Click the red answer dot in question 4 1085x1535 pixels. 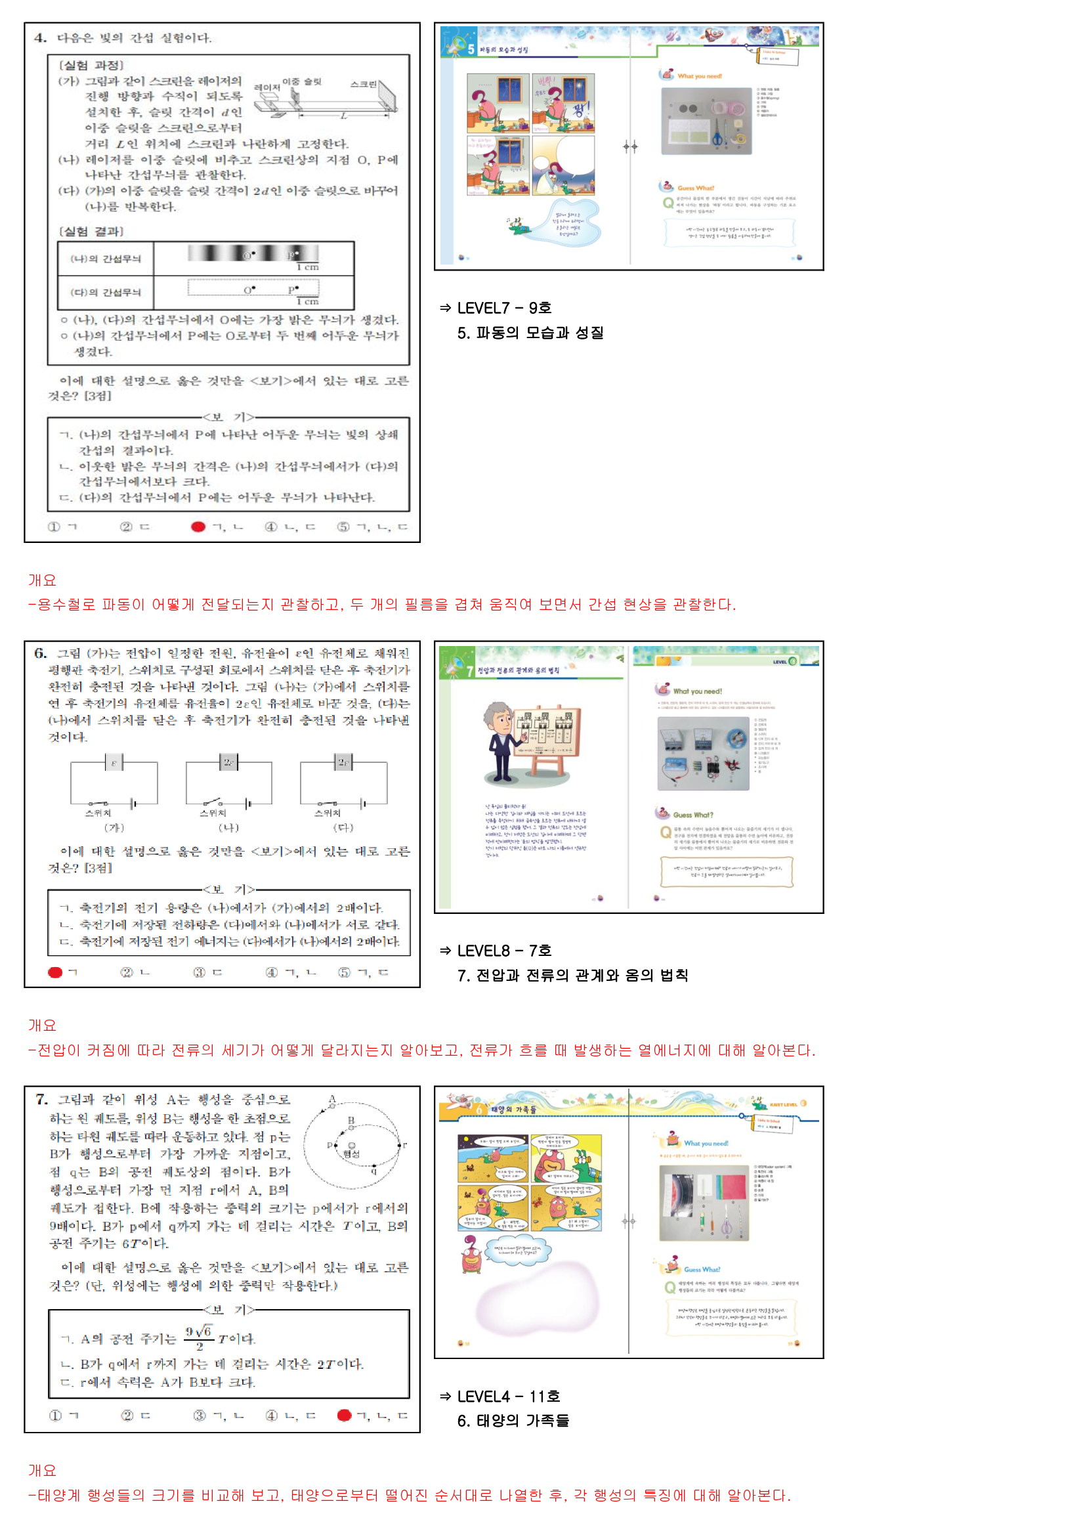(198, 527)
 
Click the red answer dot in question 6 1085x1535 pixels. (55, 972)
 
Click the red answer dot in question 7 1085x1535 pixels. (345, 1415)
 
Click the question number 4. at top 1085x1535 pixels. (41, 38)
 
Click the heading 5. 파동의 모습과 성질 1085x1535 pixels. (530, 333)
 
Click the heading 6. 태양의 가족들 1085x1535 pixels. (513, 1421)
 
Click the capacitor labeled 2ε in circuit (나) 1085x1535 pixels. (228, 762)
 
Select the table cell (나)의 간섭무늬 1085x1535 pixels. (106, 259)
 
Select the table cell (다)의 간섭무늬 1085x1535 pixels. (106, 292)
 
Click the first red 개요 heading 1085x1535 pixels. (42, 580)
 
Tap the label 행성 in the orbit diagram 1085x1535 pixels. (352, 1154)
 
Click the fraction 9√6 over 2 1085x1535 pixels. (200, 1338)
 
